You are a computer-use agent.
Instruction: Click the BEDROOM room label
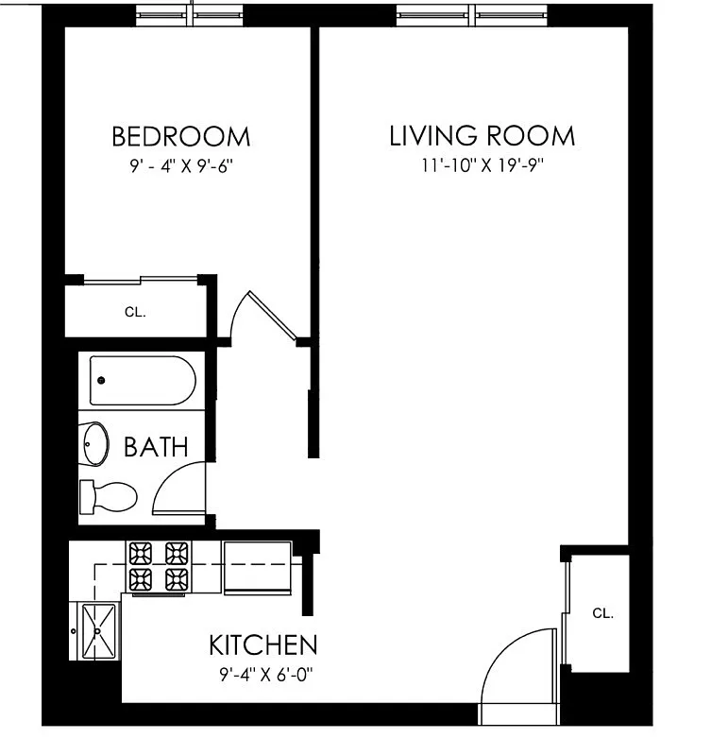[181, 136]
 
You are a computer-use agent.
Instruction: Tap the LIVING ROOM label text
[482, 136]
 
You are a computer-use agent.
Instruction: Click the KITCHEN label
[262, 646]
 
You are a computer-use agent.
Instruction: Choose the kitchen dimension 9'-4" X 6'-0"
[262, 675]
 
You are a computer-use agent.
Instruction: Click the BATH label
[156, 446]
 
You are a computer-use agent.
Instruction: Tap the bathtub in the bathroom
[143, 381]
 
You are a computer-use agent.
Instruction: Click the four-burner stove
[160, 566]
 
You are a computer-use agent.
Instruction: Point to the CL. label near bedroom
[135, 311]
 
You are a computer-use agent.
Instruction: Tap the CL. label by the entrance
[602, 612]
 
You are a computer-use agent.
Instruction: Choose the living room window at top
[472, 14]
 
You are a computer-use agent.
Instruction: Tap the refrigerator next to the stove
[258, 568]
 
